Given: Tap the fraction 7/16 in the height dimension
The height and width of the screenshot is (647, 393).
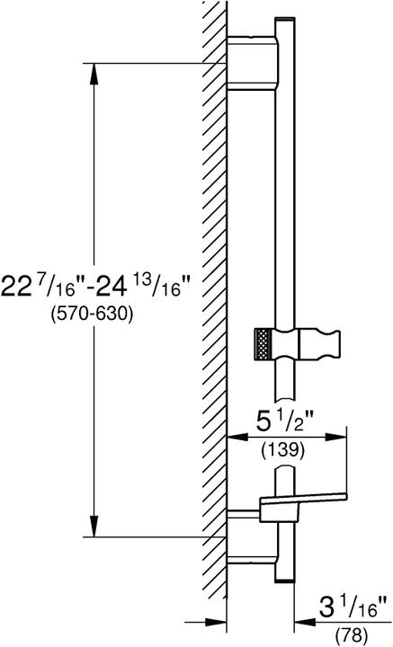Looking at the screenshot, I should click(56, 287).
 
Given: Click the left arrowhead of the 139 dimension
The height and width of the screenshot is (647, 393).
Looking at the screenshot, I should click(233, 437).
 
